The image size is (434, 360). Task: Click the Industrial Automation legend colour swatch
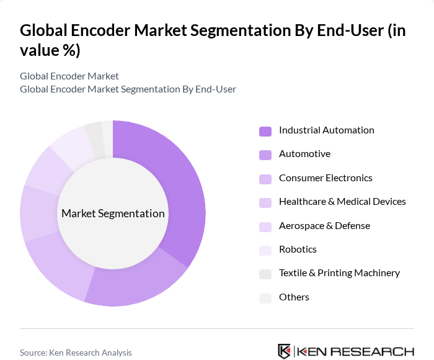265,131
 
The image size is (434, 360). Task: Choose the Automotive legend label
304,154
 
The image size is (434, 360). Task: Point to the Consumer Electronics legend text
325,178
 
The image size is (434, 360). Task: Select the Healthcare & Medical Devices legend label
342,202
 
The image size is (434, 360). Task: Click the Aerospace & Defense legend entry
324,226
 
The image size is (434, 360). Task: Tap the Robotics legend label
298,250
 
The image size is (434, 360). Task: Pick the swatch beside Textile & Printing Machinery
265,274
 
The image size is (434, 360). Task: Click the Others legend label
294,297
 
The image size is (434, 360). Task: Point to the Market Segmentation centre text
113,214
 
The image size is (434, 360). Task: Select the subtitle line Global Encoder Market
69,76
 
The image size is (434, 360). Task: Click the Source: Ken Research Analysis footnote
76,353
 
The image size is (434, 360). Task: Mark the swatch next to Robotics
265,250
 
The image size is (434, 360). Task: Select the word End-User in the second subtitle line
215,89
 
